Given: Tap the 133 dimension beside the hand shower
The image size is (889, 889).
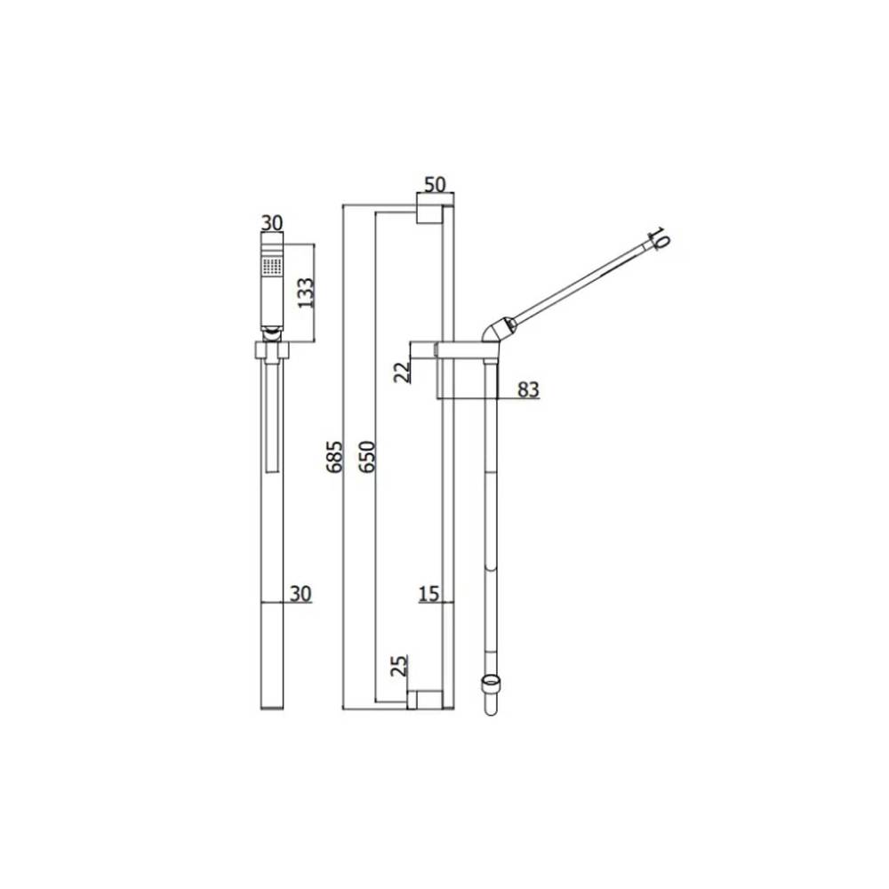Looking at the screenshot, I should tap(306, 291).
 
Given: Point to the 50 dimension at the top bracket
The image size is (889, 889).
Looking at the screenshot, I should tap(434, 185).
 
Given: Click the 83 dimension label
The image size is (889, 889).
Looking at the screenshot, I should tap(527, 389).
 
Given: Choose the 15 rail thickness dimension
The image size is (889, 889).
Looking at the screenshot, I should tap(429, 594).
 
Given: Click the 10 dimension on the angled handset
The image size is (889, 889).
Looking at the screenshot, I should tap(658, 237).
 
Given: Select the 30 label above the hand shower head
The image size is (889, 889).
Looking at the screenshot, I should tap(271, 223).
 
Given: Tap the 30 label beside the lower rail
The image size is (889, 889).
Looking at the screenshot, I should tap(300, 594).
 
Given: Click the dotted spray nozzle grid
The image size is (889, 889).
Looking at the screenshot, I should tap(271, 265).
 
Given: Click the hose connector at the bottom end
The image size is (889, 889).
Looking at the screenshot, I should tap(489, 693).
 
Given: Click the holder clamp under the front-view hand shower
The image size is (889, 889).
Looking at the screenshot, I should tap(271, 350).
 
